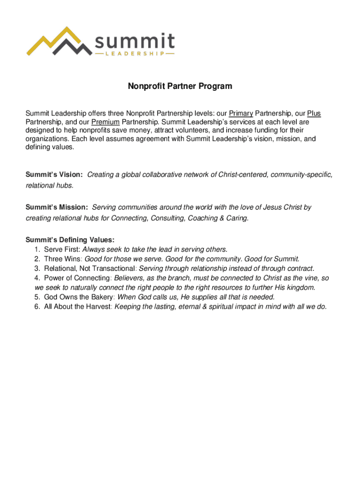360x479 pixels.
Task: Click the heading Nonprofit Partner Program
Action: tap(180, 87)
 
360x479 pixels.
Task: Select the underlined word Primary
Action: tap(241, 114)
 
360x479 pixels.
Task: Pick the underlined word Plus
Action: tap(314, 114)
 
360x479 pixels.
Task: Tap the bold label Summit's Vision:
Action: tap(54, 174)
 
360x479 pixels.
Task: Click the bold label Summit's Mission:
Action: tap(57, 207)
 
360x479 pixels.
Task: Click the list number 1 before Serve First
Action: tap(37, 249)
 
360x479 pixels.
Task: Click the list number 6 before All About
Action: tap(37, 306)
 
